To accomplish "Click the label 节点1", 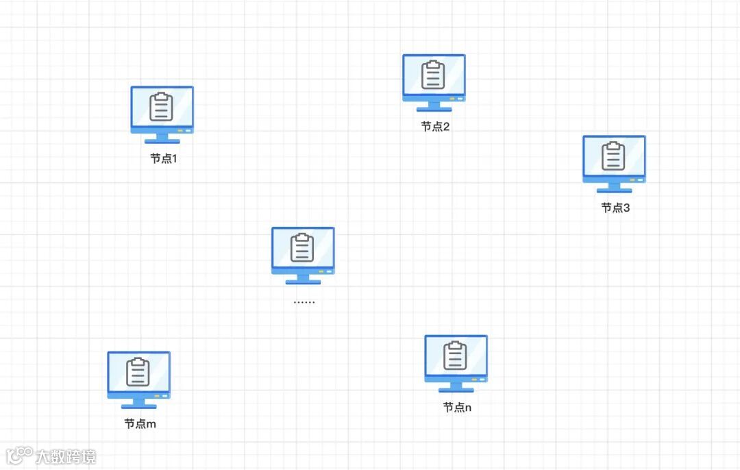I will (x=164, y=158).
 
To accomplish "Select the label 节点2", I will (x=435, y=127).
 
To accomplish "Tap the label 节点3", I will (x=615, y=208).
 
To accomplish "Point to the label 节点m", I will (x=140, y=423).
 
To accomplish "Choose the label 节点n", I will (x=457, y=407).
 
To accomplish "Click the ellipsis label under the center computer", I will (x=304, y=301).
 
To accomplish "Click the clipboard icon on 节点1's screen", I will (x=162, y=106).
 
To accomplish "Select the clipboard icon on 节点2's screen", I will (x=433, y=75).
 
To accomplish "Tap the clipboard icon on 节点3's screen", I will (x=614, y=156).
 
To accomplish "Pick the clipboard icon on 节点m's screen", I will (x=138, y=371).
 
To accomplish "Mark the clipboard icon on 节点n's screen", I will (x=456, y=355).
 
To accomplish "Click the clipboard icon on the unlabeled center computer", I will (x=302, y=247).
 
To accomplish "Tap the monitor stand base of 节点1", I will (x=162, y=141).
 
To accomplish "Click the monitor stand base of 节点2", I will (x=434, y=110).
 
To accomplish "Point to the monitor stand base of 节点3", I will (x=615, y=190).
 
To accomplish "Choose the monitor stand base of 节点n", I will (x=456, y=390).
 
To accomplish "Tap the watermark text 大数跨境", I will (x=66, y=456).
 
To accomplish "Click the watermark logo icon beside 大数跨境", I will (x=19, y=455).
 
